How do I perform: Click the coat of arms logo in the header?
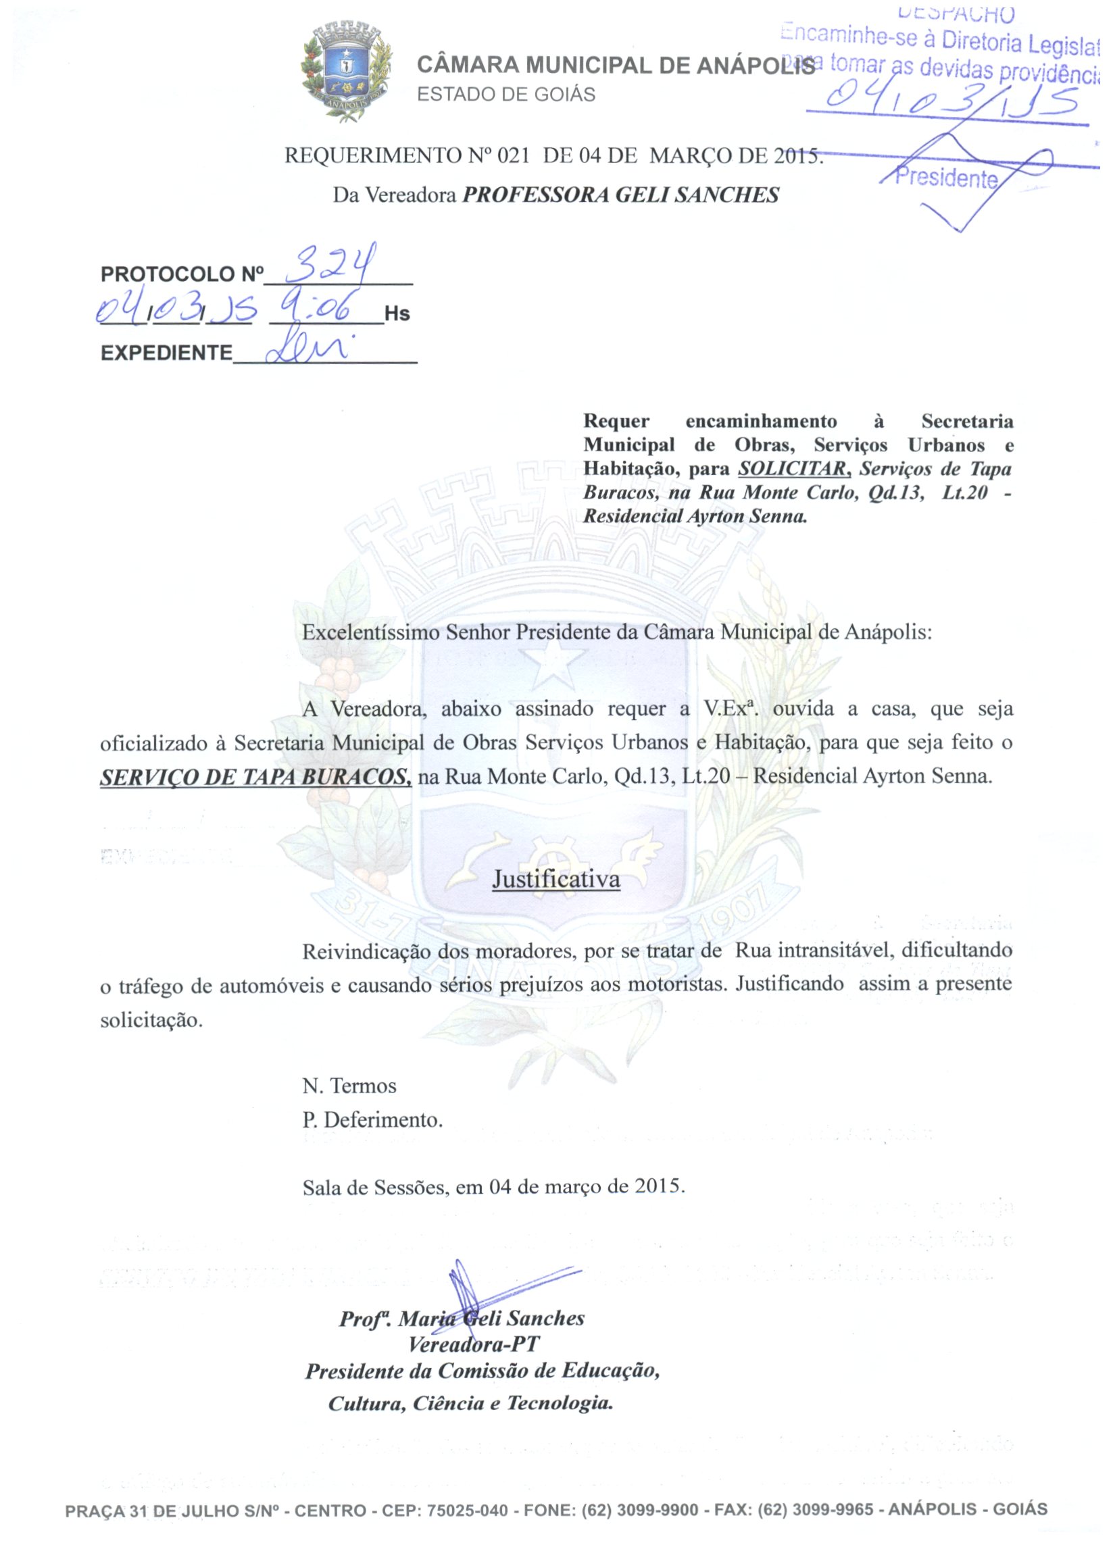pos(347,71)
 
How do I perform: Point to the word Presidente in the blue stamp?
pos(946,178)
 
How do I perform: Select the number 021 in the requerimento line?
pos(512,155)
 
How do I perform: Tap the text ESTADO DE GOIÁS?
pos(505,94)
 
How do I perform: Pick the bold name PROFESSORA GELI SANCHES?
pos(620,195)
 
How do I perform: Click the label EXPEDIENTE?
pos(166,353)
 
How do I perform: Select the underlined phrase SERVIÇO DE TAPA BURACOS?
pos(255,778)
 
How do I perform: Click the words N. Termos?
pos(349,1085)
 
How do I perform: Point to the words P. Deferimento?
pos(372,1120)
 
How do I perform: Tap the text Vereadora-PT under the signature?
pos(473,1344)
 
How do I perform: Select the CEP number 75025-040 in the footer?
pos(467,1511)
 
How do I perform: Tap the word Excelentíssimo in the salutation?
pos(371,632)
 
